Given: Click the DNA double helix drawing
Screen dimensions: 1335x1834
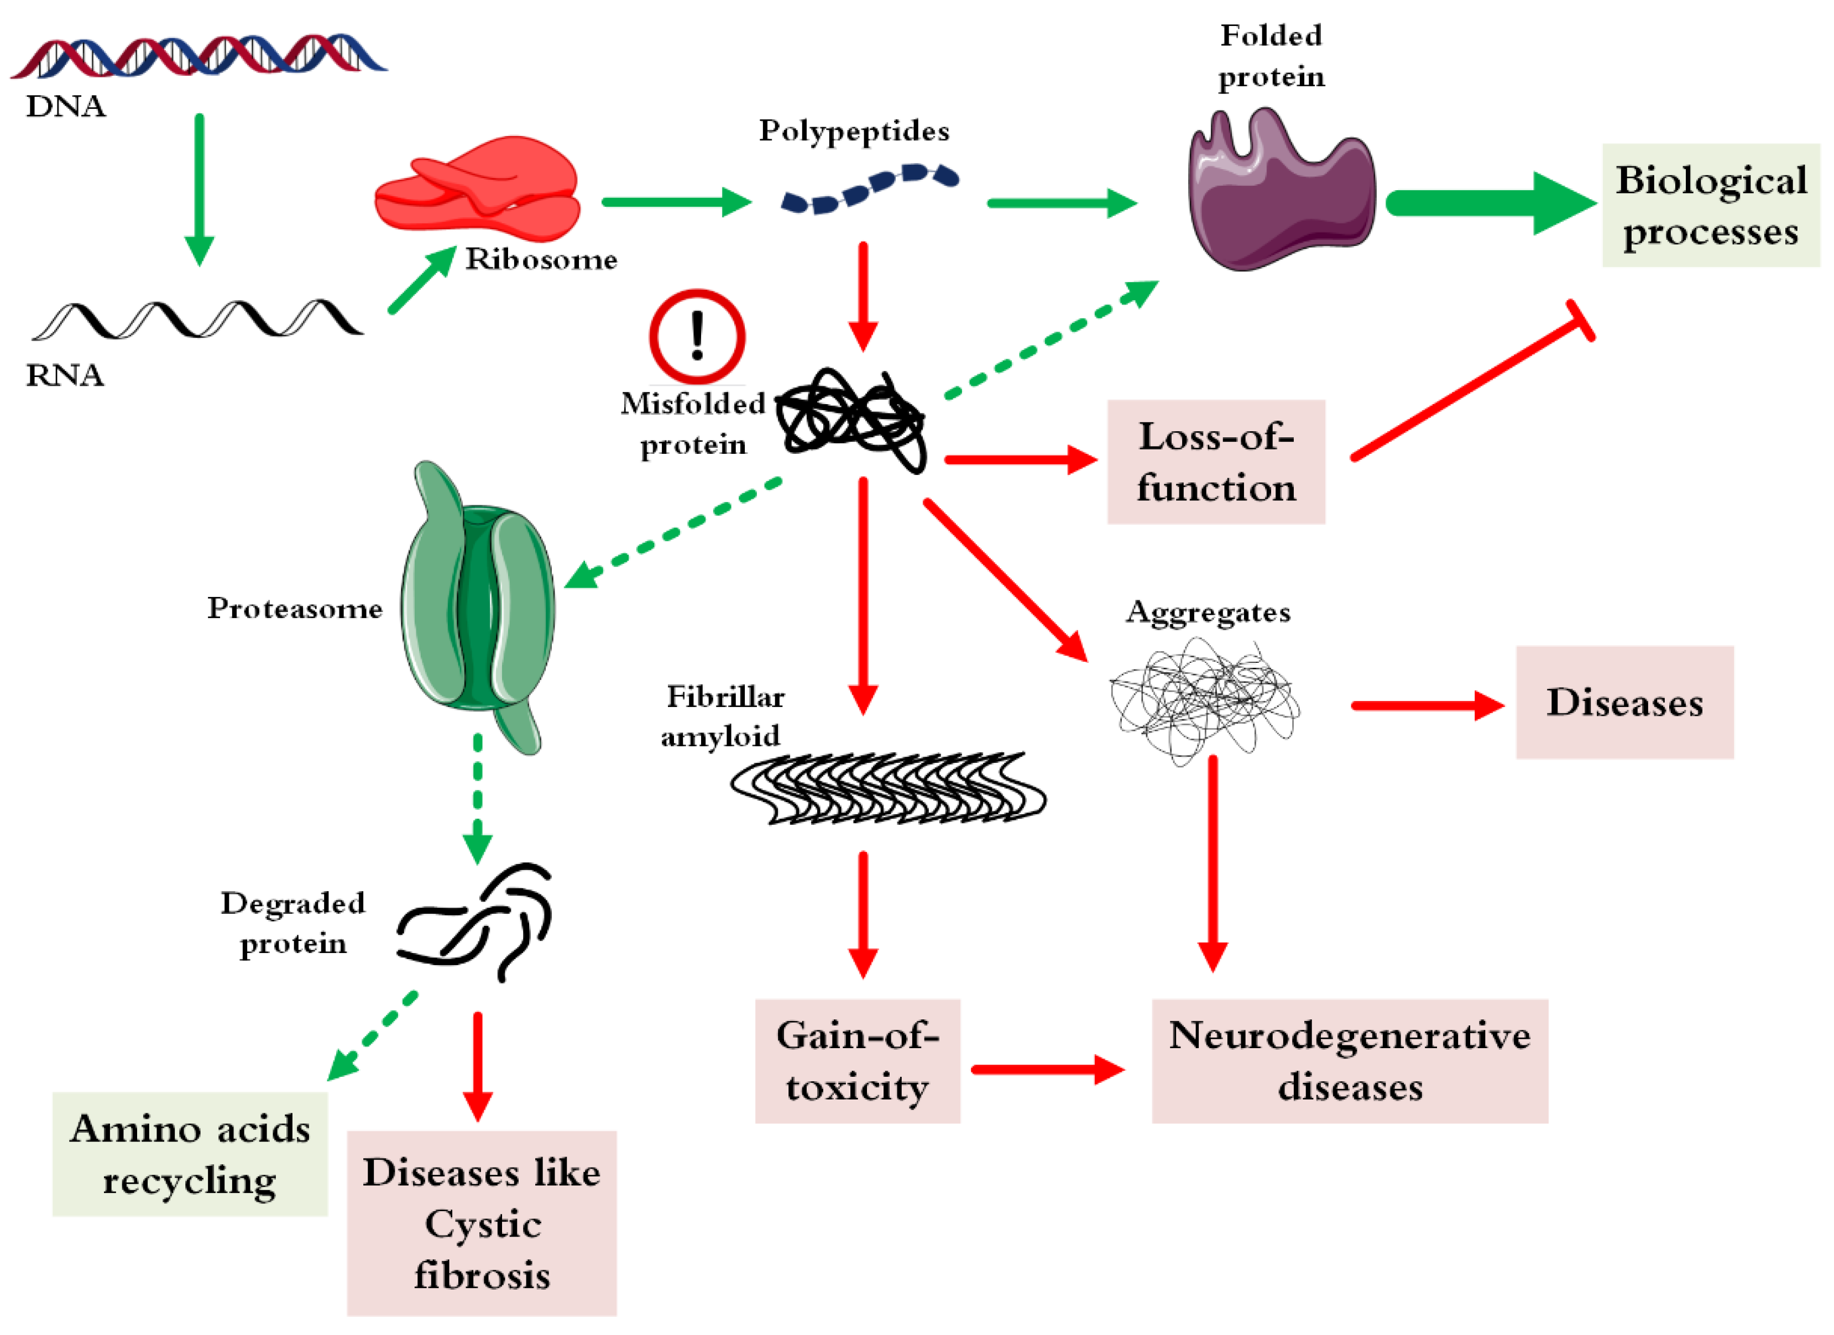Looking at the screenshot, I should (x=198, y=56).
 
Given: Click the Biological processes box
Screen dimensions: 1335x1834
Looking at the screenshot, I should (x=1710, y=206).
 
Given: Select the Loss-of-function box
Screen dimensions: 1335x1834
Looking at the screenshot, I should (x=1215, y=462).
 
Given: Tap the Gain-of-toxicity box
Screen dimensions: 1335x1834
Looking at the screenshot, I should (x=857, y=1061).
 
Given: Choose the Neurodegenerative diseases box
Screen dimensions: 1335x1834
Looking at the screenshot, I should (x=1349, y=1061).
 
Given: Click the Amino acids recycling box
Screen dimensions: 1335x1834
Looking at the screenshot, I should (x=190, y=1154).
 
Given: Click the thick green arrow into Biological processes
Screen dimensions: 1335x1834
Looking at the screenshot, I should (x=1488, y=204).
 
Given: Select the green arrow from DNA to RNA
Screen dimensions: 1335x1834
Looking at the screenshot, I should (x=199, y=190).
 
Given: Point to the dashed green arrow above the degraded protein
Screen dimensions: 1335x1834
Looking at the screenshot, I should (x=477, y=797).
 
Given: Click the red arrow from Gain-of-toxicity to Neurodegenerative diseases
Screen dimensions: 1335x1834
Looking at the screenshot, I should (x=1047, y=1069).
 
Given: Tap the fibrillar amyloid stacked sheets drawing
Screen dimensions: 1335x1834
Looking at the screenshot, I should (x=888, y=788).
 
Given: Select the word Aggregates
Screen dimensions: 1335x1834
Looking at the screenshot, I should (x=1208, y=612).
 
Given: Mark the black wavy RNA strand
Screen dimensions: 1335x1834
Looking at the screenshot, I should (x=198, y=320).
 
